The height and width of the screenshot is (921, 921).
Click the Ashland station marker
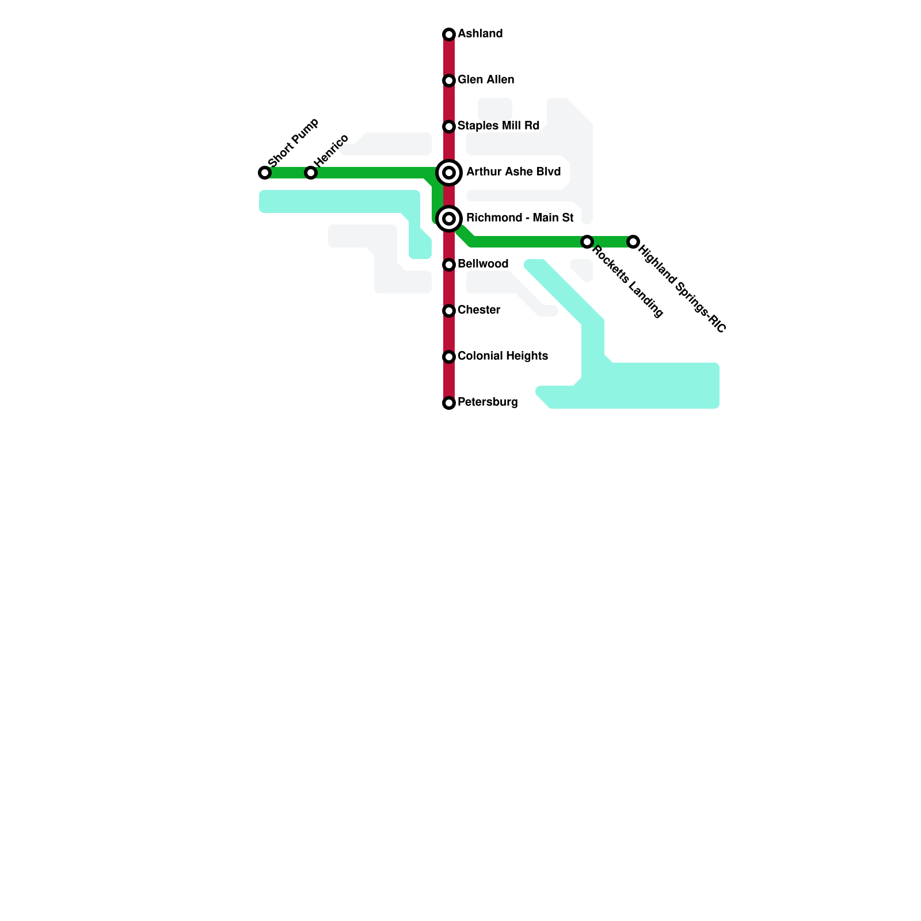click(x=449, y=35)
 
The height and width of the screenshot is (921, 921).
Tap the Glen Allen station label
click(x=486, y=80)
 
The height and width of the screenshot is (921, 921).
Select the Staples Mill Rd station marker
click(x=449, y=127)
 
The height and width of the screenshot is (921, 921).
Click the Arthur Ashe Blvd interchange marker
click(x=449, y=173)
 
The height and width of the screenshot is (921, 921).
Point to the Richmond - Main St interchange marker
click(x=449, y=219)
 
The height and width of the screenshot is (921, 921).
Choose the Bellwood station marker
click(x=449, y=265)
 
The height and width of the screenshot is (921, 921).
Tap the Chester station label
click(x=479, y=310)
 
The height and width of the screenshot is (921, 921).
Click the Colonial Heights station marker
click(x=449, y=357)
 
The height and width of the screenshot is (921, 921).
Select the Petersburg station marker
click(x=449, y=403)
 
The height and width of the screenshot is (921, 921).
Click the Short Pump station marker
click(x=265, y=173)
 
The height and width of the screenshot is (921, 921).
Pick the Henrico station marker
click(x=311, y=173)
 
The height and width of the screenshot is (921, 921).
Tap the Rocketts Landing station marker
click(x=587, y=242)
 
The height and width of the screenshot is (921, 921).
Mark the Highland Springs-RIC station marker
click(x=633, y=242)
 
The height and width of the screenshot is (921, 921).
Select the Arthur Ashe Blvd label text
click(x=513, y=172)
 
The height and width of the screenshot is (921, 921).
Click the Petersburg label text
click(x=488, y=402)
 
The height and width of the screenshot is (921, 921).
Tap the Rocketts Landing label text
click(x=628, y=281)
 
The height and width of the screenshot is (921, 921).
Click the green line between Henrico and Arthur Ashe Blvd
click(x=374, y=173)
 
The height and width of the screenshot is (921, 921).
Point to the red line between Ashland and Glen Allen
click(x=449, y=58)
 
